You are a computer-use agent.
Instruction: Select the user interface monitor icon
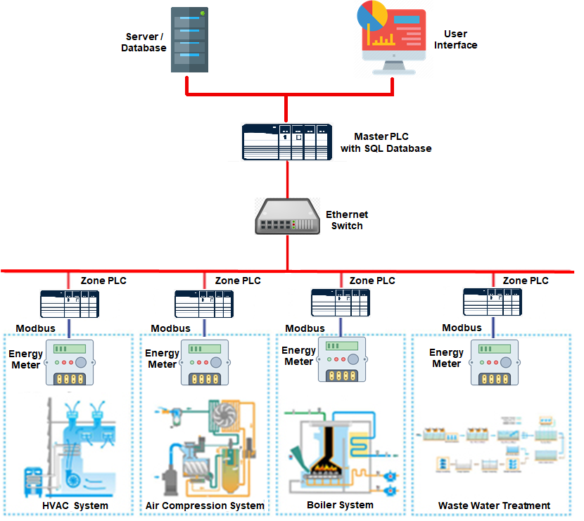pyautogui.click(x=392, y=38)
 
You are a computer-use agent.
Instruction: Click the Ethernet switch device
pyautogui.click(x=286, y=216)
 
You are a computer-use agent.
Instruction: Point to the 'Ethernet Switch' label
pyautogui.click(x=347, y=220)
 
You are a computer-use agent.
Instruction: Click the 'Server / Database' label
pyautogui.click(x=144, y=42)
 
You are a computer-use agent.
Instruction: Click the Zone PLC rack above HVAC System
pyautogui.click(x=68, y=304)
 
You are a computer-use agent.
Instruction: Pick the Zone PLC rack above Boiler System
pyautogui.click(x=341, y=302)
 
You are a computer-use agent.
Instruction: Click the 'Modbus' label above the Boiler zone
pyautogui.click(x=305, y=328)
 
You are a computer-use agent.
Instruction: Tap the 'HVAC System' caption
pyautogui.click(x=75, y=506)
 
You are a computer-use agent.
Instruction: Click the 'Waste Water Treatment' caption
pyautogui.click(x=494, y=506)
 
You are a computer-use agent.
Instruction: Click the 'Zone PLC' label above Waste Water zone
pyautogui.click(x=526, y=280)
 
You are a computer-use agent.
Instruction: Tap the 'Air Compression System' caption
pyautogui.click(x=205, y=506)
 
